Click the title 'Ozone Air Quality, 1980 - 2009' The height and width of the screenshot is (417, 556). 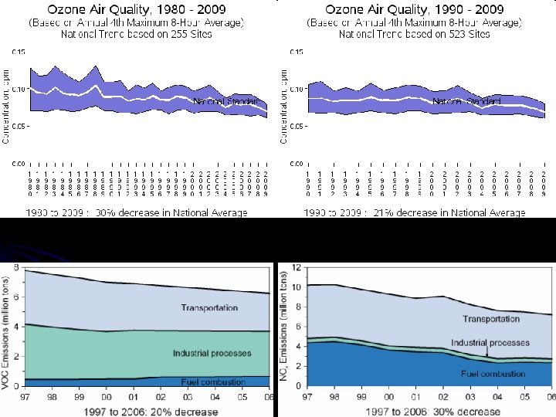pyautogui.click(x=137, y=10)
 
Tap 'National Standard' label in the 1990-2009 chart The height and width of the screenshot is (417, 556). pyautogui.click(x=466, y=101)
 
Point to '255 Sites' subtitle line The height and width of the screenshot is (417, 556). pyautogui.click(x=137, y=36)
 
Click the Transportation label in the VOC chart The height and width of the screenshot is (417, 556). pyautogui.click(x=209, y=307)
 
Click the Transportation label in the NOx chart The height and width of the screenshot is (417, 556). pyautogui.click(x=490, y=318)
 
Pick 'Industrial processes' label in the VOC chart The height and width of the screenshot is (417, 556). pyautogui.click(x=212, y=353)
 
